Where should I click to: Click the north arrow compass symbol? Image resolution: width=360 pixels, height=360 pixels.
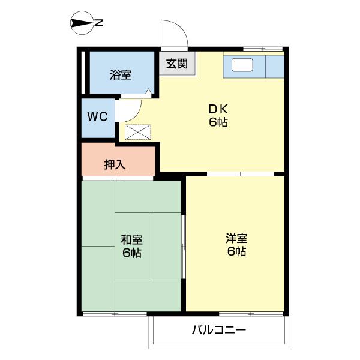point(81,23)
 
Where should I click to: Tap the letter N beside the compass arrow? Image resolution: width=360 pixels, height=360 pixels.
point(100,23)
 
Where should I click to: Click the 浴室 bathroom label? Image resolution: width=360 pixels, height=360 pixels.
point(120,75)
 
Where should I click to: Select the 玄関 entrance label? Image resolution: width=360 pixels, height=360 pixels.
point(177,63)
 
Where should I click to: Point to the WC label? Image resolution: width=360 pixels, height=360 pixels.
point(98,116)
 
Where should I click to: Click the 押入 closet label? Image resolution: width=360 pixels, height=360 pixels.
point(115,164)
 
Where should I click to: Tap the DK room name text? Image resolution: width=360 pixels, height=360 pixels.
point(218,109)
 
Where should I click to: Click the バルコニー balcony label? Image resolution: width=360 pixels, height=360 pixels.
point(219,330)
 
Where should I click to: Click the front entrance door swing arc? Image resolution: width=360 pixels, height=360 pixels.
point(175,34)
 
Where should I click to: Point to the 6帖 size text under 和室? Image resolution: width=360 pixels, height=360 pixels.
point(131,253)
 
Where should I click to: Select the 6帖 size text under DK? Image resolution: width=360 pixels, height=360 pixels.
point(218,123)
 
